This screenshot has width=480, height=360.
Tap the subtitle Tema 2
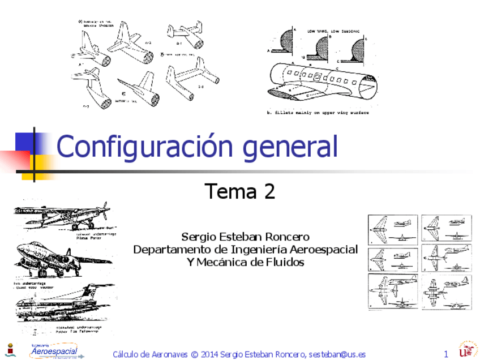point(239,192)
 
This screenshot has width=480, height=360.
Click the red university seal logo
point(468,350)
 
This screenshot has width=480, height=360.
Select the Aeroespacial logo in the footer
point(55,351)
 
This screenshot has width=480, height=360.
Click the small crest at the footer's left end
point(9,350)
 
